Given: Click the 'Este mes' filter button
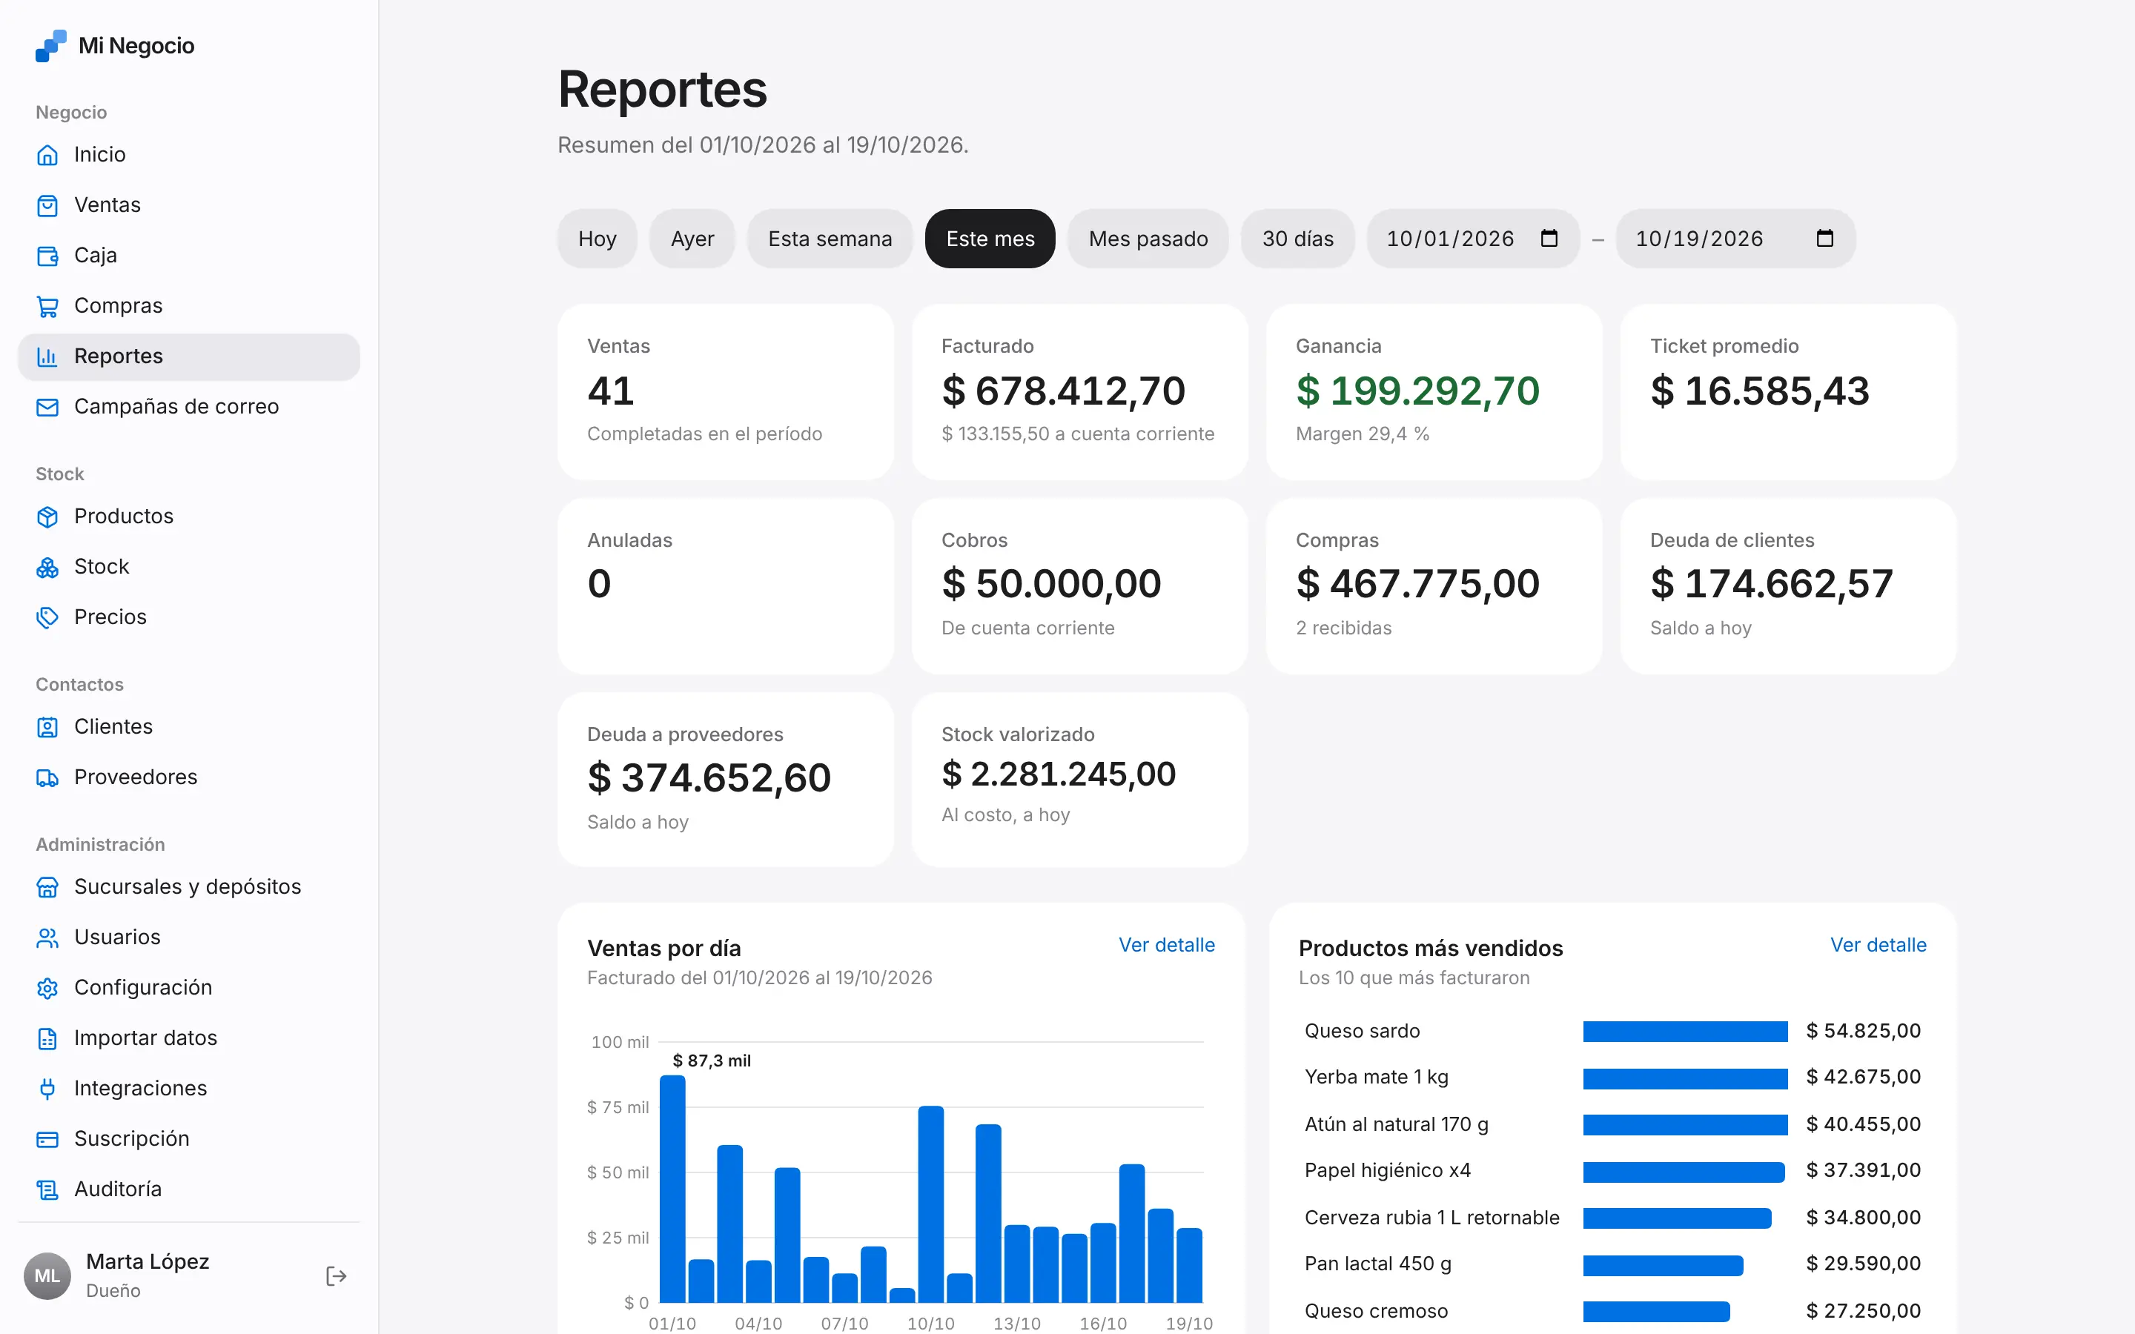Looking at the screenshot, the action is tap(990, 238).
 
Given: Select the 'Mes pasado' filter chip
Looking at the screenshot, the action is tap(1148, 238).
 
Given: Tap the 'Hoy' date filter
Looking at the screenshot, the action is tap(598, 238).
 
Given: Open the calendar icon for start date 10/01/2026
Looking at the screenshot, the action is tap(1549, 238).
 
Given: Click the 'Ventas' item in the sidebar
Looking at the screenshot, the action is tap(107, 205).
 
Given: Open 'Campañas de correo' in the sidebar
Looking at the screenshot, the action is tap(176, 406).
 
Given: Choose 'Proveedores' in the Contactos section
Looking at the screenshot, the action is tap(136, 777).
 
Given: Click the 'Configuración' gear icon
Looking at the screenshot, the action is tap(47, 988).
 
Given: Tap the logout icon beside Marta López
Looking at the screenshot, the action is tap(336, 1275).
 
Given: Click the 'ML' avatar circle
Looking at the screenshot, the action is tap(47, 1275).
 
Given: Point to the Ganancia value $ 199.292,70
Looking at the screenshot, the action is tap(1417, 391).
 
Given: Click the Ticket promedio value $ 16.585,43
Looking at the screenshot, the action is tap(1760, 391).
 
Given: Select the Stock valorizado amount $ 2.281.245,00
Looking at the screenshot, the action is tap(1059, 774).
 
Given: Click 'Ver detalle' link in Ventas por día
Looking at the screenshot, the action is tap(1166, 945).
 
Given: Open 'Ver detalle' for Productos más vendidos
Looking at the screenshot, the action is tap(1879, 945).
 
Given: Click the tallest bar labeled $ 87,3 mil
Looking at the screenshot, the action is tap(672, 1189).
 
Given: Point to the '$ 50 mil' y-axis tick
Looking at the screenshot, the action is tap(618, 1172).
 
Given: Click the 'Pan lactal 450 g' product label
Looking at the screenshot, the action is tap(1378, 1264).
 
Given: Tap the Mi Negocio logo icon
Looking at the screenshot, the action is tap(51, 46).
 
